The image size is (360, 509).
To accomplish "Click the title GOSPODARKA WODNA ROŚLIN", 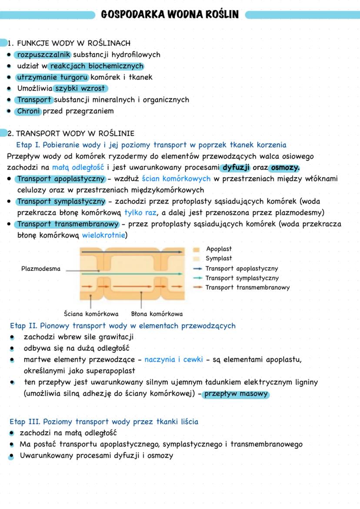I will [170, 15].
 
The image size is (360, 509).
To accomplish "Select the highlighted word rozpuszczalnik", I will [43, 55].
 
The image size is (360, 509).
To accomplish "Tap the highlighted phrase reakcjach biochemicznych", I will [96, 66].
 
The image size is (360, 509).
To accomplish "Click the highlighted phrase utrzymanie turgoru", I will [52, 77].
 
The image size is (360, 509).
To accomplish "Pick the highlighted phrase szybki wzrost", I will [80, 89].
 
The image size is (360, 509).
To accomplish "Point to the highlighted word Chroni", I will [29, 111].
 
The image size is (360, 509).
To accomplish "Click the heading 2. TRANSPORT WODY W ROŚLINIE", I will [71, 133].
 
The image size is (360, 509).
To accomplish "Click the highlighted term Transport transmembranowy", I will [68, 224].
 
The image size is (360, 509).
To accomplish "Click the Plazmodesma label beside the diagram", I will [41, 269].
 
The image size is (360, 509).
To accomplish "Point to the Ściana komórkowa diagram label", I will [91, 314].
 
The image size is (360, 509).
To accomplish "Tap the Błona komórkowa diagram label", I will [157, 314].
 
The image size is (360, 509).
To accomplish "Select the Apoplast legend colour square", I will [197, 250].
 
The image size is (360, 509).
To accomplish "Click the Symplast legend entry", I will [219, 259].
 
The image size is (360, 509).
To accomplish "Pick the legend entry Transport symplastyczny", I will [242, 278].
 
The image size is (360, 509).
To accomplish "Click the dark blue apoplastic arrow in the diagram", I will [130, 252].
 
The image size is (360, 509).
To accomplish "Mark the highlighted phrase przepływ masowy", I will [237, 394].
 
